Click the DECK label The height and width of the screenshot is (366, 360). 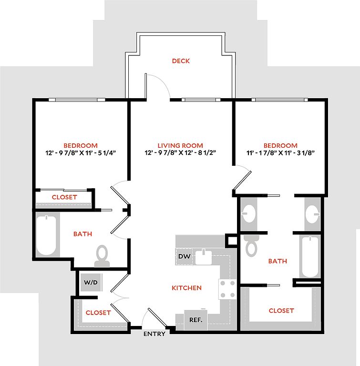click(x=181, y=61)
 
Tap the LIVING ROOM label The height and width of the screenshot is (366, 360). click(x=180, y=145)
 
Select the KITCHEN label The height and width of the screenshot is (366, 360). click(x=186, y=288)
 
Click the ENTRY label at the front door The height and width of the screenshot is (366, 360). click(x=154, y=334)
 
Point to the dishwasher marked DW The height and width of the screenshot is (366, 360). click(x=185, y=256)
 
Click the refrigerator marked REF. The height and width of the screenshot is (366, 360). click(x=196, y=320)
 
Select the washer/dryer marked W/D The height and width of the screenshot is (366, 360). click(x=91, y=283)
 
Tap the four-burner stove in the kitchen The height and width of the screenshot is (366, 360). click(x=227, y=289)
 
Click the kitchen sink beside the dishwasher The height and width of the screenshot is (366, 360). click(x=204, y=256)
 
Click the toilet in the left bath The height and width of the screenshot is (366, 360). click(x=102, y=256)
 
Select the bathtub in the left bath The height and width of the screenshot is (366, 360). click(x=46, y=235)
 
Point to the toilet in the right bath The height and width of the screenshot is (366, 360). click(x=251, y=246)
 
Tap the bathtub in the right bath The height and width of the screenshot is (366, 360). click(x=310, y=257)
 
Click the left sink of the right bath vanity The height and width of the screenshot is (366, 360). click(x=248, y=213)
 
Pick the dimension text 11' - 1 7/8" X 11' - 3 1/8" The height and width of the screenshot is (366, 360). click(x=280, y=153)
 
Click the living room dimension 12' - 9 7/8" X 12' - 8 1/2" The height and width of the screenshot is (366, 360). click(x=180, y=152)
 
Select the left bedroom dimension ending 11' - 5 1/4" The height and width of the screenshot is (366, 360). click(x=81, y=153)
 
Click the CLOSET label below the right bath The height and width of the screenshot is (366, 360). click(x=281, y=310)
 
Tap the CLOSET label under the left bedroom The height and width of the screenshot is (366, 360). click(x=64, y=197)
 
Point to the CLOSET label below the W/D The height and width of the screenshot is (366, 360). click(x=98, y=313)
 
